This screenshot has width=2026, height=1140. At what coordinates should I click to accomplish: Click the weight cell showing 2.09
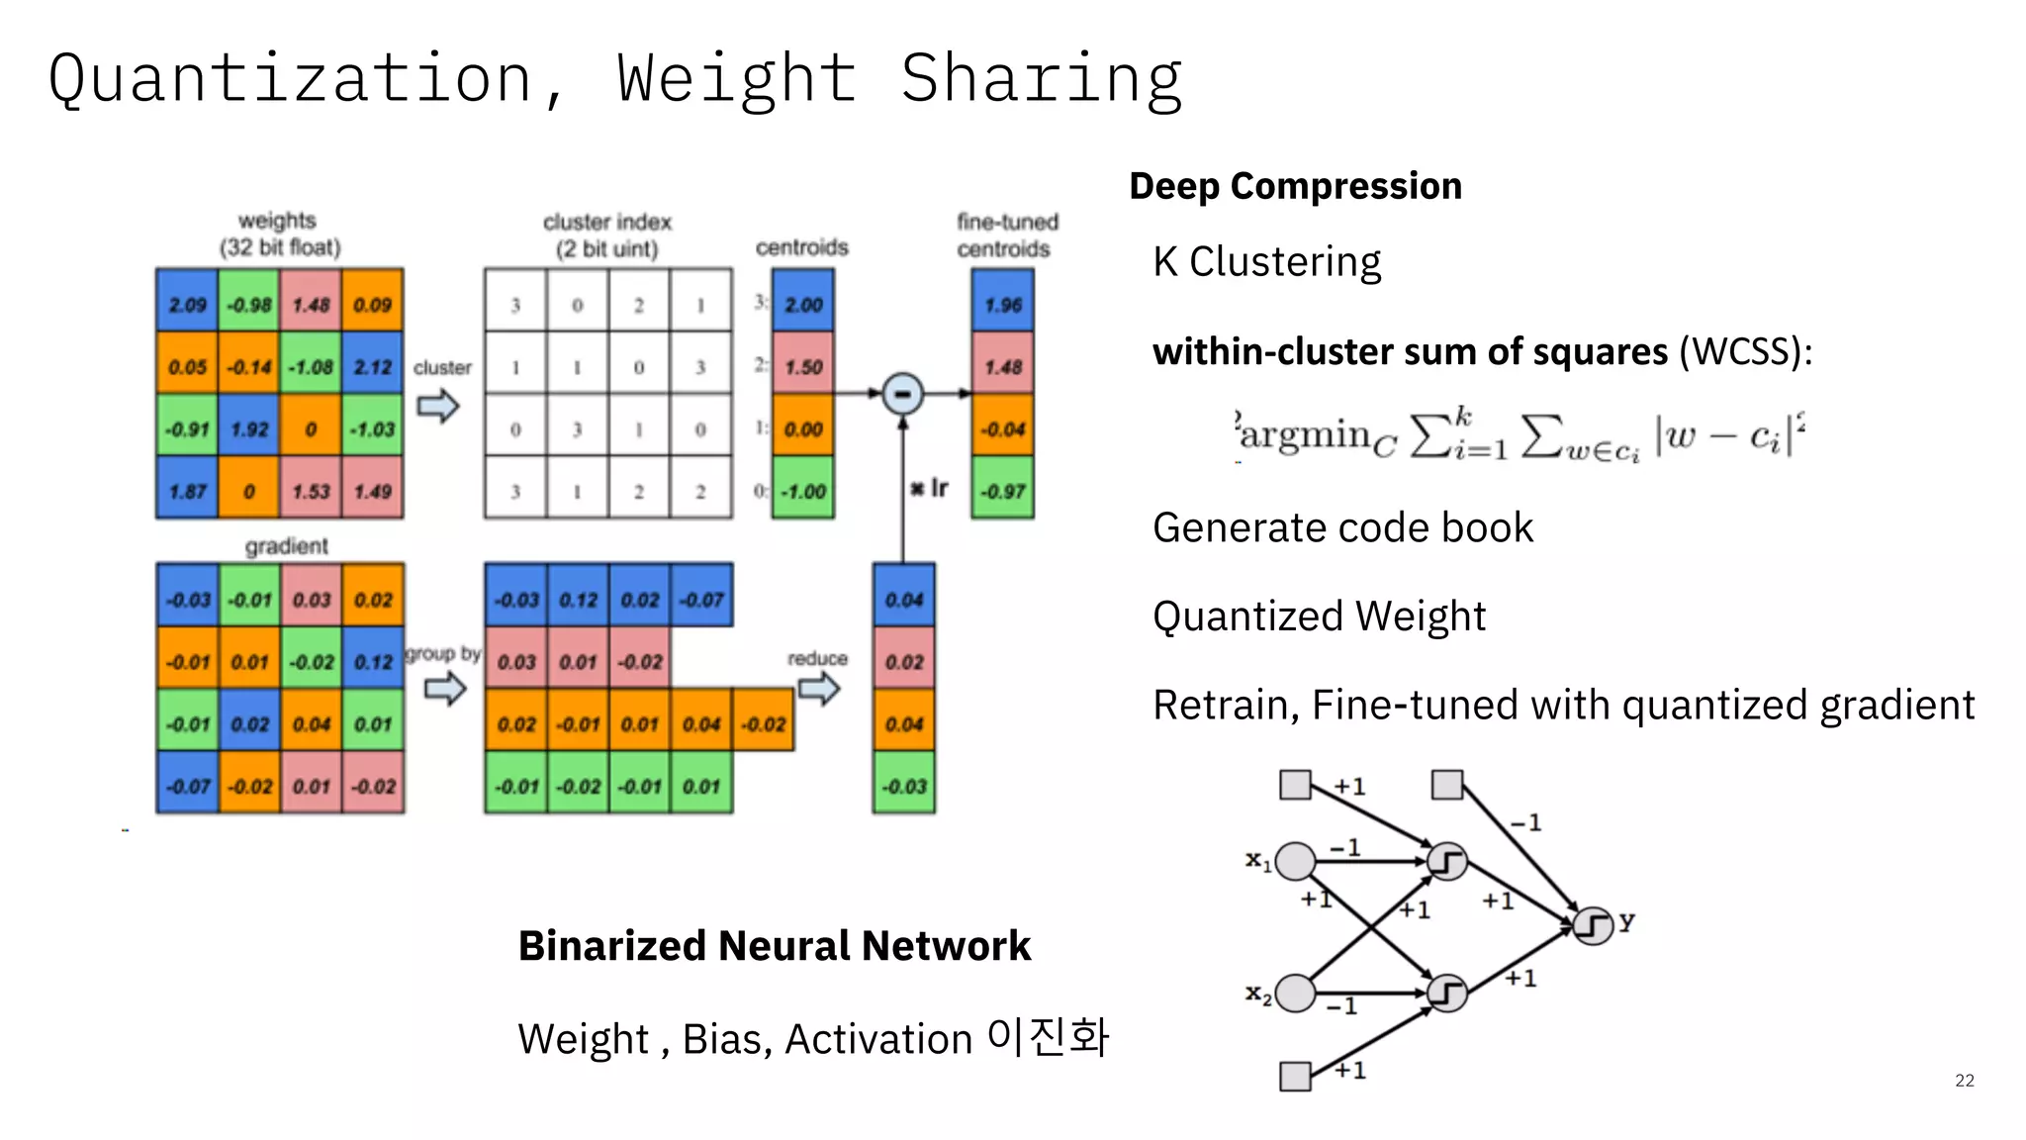coord(187,303)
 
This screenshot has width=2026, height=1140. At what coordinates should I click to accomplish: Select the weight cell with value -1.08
coord(311,366)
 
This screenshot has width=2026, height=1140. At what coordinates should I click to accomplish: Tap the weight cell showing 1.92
coord(249,428)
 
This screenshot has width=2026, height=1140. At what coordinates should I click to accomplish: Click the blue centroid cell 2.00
coord(803,303)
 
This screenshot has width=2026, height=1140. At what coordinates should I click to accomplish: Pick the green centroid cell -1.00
coord(803,490)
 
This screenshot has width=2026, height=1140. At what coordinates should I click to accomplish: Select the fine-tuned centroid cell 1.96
coord(1002,303)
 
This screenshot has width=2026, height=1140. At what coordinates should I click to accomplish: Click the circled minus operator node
coord(902,394)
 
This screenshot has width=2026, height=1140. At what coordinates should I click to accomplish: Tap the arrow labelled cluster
coord(438,405)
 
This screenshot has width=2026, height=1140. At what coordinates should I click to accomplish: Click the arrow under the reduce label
coord(819,688)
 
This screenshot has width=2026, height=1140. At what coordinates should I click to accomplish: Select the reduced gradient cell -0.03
coord(903,786)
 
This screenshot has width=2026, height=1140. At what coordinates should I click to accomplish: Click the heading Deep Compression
coord(1295,186)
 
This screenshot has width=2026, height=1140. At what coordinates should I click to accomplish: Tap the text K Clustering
coord(1266,262)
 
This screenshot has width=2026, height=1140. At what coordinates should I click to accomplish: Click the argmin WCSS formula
coord(1519,435)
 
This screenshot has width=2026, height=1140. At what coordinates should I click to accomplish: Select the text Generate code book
coord(1342,527)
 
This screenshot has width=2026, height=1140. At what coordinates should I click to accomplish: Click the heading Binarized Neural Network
coord(774,946)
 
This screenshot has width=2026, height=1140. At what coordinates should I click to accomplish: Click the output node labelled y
coord(1593,925)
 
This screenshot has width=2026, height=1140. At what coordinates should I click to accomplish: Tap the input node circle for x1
coord(1295,861)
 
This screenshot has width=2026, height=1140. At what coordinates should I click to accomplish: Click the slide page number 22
coord(1964,1080)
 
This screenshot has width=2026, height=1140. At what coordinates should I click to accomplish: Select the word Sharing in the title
coord(1042,79)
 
